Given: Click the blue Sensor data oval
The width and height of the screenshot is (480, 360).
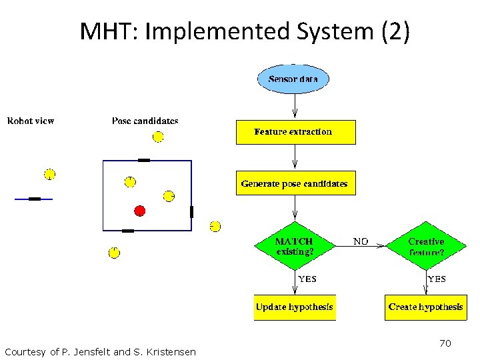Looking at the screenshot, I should click(293, 79).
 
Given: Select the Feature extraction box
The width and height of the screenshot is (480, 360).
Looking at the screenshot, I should click(295, 132).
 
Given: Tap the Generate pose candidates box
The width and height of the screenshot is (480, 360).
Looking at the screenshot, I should click(295, 183).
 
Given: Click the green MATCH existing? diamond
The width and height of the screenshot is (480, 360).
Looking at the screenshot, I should click(294, 246).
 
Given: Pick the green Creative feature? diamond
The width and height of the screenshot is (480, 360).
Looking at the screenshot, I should click(426, 246).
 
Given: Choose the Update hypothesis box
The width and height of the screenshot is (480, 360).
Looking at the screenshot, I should click(294, 307).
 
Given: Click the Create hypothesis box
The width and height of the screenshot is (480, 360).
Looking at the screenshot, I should click(425, 307).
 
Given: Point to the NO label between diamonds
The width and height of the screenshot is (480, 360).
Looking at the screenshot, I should click(360, 241).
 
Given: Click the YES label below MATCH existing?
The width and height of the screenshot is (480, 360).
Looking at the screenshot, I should click(307, 279).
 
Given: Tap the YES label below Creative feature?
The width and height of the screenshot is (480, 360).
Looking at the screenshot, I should click(437, 279).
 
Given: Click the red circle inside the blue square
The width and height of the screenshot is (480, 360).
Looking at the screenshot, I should click(139, 211).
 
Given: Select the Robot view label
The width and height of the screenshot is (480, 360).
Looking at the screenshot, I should click(31, 121).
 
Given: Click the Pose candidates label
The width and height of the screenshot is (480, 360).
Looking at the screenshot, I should click(145, 121).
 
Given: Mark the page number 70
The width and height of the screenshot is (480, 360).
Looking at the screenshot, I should click(445, 343).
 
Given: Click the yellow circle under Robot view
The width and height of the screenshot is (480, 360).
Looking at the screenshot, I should click(49, 175).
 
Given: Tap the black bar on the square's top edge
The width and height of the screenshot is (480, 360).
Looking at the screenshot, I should click(143, 160).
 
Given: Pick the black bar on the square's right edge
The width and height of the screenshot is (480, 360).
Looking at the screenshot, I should click(191, 212).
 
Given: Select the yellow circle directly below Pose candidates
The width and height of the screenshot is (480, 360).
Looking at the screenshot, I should click(158, 137).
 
